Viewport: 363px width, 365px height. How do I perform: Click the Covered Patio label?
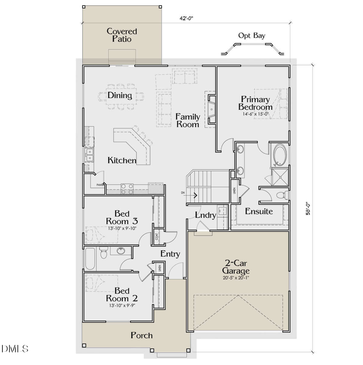point(121,35)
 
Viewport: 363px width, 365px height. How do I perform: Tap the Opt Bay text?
point(252,36)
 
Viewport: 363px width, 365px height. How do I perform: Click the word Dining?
point(120,96)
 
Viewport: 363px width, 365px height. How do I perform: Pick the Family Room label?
point(188,120)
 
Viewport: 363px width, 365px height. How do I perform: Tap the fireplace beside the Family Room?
point(211,108)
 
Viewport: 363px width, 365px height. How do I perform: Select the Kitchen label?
point(121,161)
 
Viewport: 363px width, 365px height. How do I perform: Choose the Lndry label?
point(205,215)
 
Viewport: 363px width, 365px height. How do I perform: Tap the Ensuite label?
point(259,212)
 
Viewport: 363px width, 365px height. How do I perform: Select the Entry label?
point(170,254)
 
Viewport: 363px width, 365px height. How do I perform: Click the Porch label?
point(142,335)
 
